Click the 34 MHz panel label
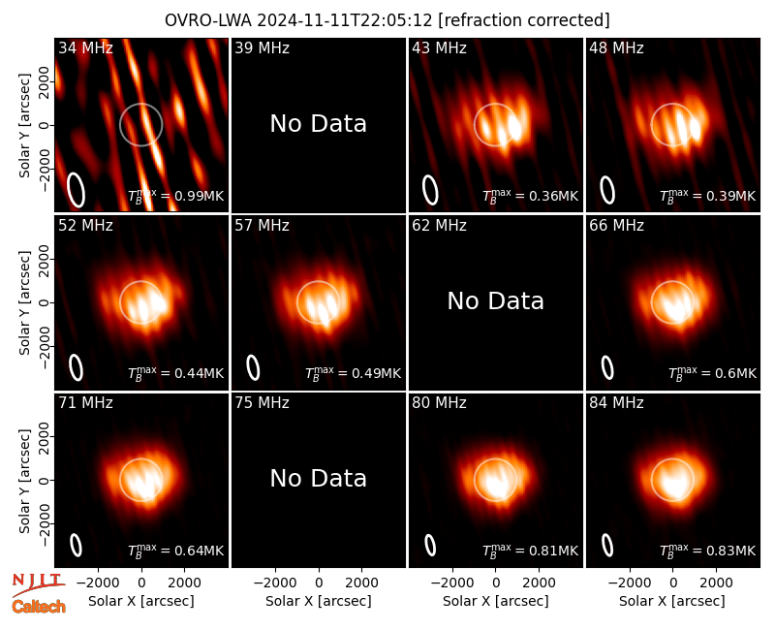point(85,47)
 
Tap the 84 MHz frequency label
point(616,403)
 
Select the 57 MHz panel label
point(262,226)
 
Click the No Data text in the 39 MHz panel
point(319,124)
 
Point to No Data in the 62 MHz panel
point(496,300)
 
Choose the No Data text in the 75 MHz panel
point(319,478)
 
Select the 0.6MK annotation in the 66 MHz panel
point(735,373)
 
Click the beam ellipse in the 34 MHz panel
point(77,190)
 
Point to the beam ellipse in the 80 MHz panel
point(430,545)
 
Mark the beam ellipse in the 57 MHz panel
point(253,367)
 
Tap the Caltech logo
point(39,607)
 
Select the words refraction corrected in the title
point(524,20)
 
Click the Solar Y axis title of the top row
point(24,126)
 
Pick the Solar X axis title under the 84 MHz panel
point(672,601)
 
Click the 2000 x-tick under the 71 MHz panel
point(184,583)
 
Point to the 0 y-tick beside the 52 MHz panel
point(45,302)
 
